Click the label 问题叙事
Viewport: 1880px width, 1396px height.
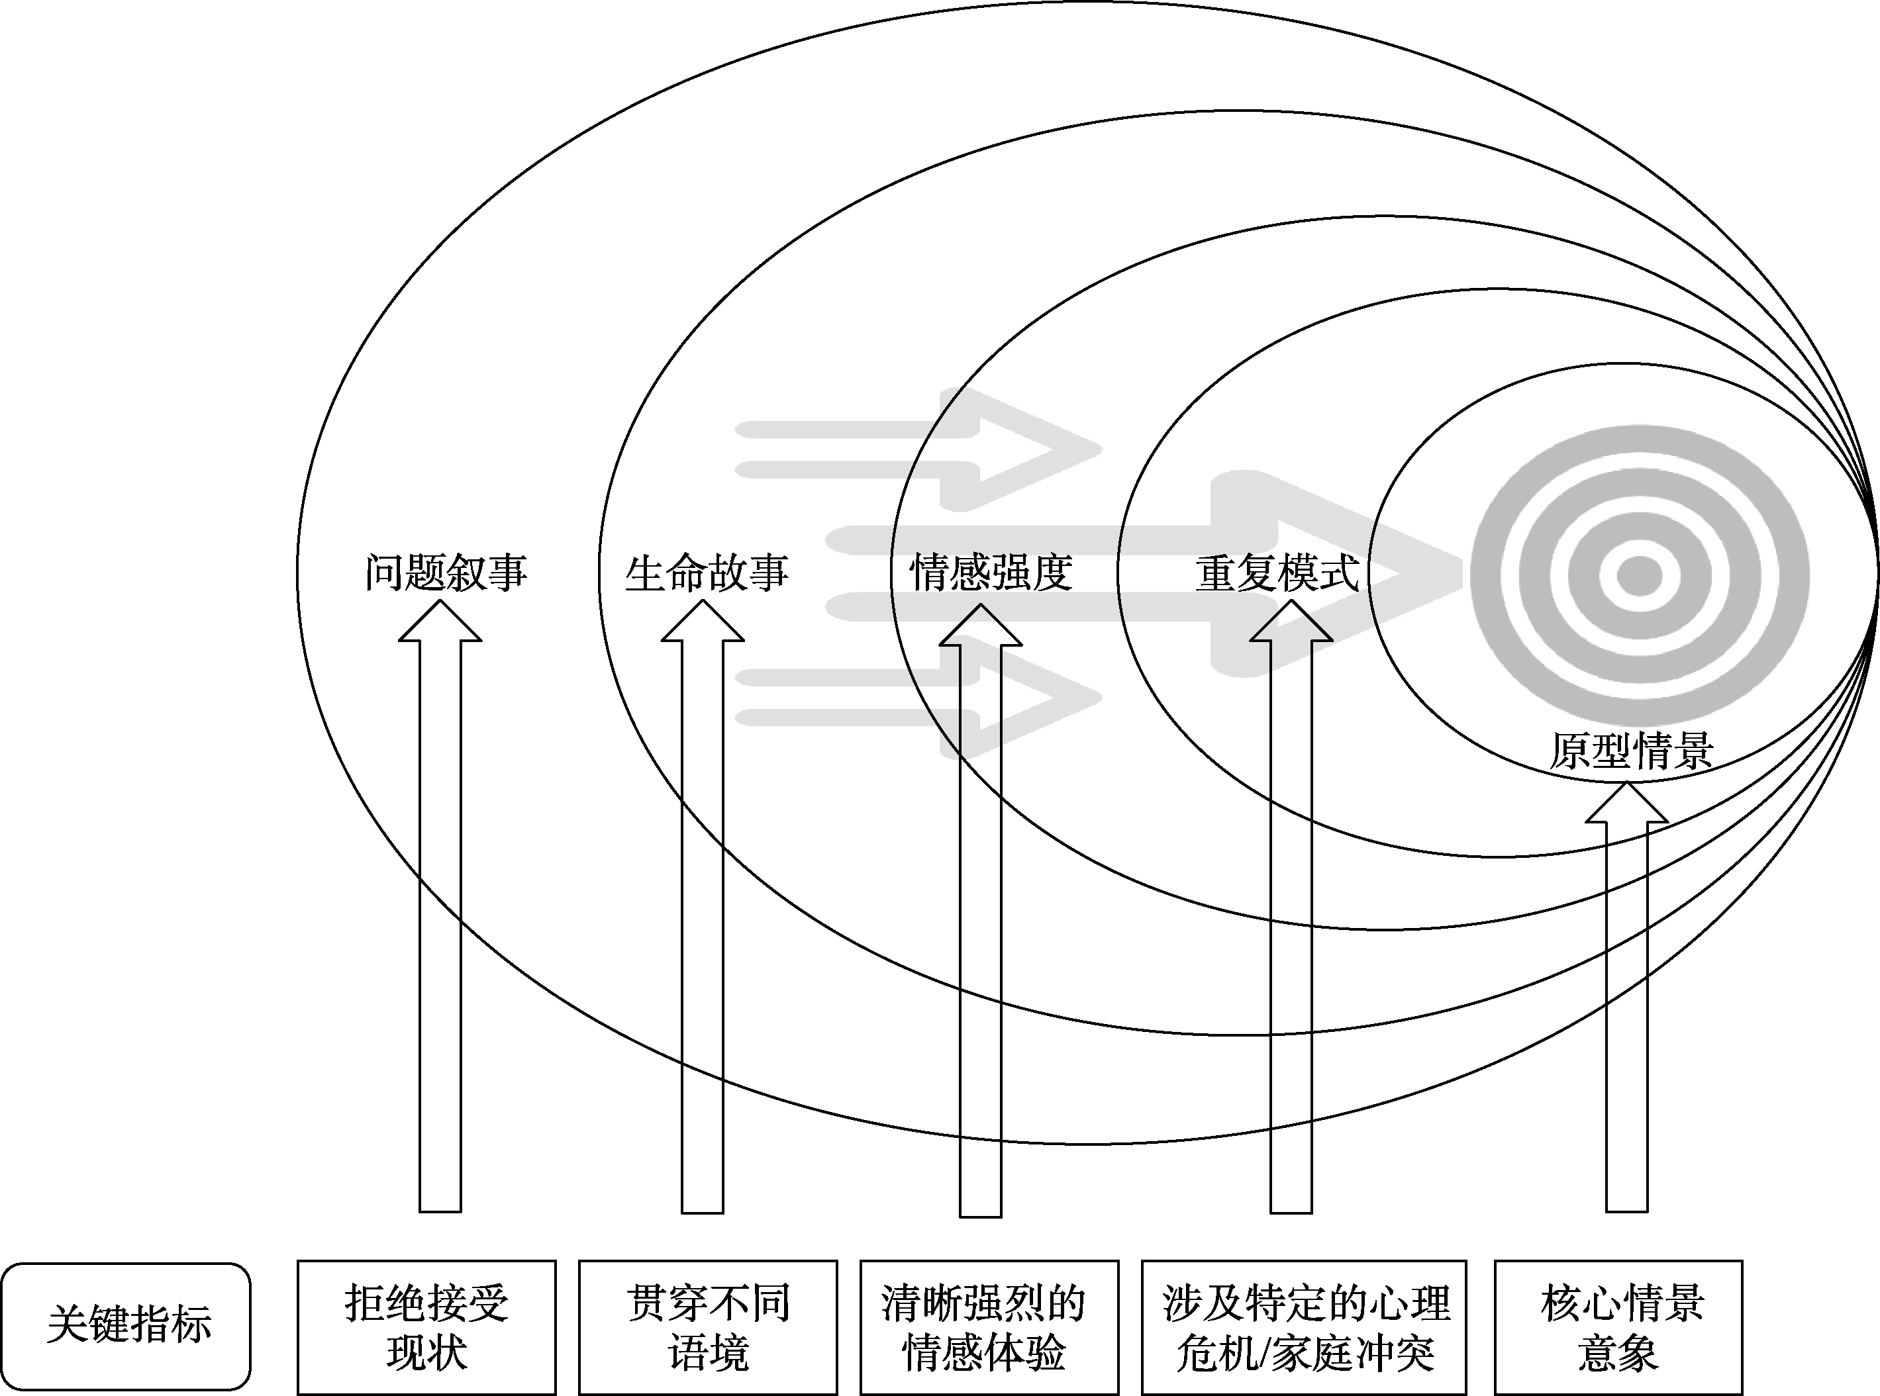446,573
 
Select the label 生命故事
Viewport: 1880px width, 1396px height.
707,573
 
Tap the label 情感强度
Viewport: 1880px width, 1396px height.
991,573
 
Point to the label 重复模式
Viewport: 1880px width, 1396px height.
1277,573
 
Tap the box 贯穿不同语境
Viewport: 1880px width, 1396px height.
707,1326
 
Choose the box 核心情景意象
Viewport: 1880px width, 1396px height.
1618,1326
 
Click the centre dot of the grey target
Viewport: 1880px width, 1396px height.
1640,577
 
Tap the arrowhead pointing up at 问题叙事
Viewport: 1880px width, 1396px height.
440,624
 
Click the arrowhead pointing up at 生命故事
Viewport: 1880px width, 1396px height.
703,624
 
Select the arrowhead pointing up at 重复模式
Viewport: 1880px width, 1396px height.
1291,624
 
